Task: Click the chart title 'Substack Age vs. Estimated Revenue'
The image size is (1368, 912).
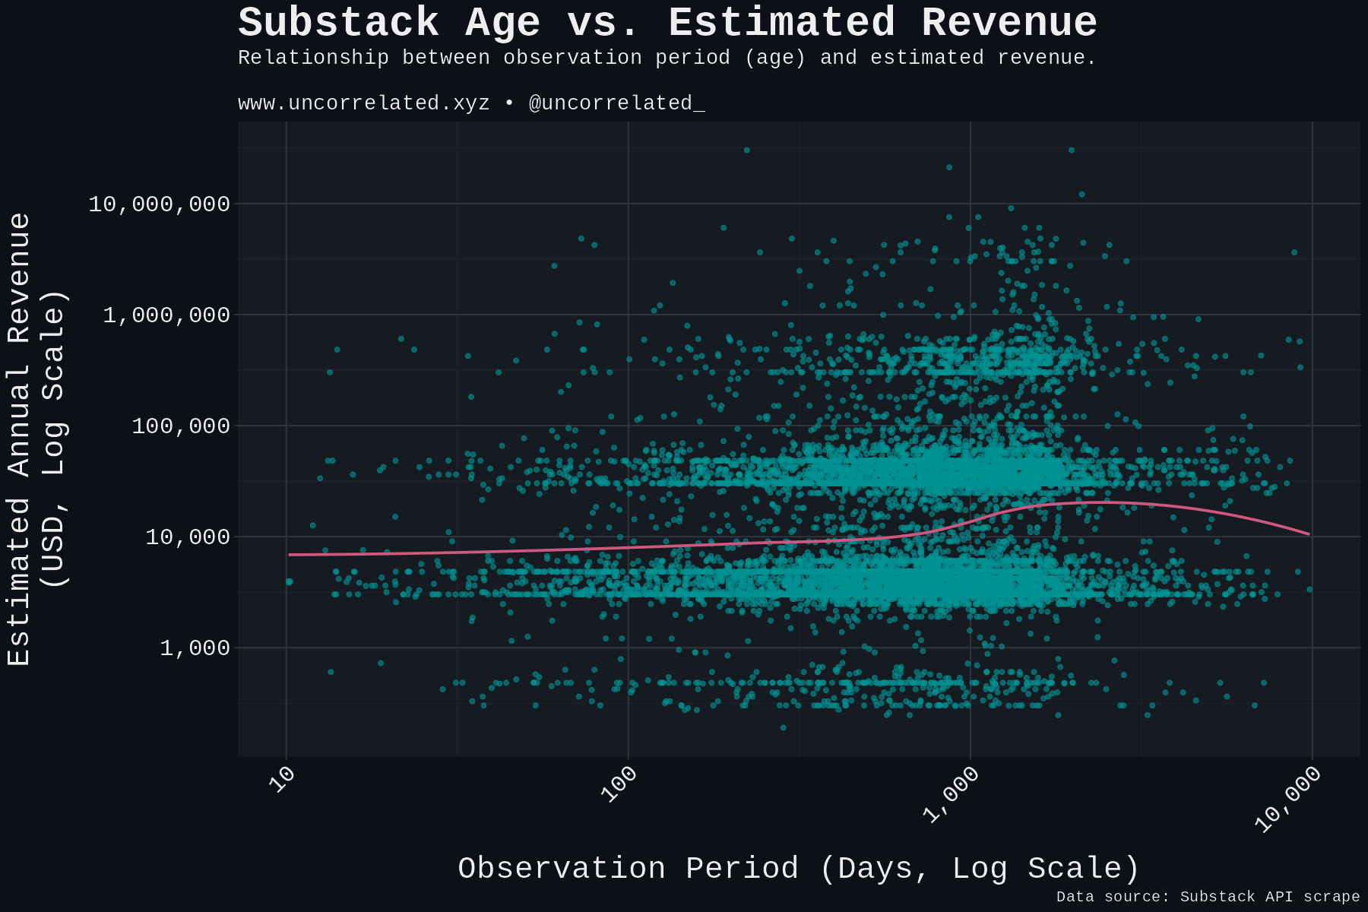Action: point(667,23)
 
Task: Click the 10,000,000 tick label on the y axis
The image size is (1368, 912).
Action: point(159,204)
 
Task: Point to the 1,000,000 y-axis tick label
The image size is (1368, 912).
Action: point(166,315)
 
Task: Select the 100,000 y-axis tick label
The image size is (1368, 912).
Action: point(180,426)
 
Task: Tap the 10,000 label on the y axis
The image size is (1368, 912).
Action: point(187,537)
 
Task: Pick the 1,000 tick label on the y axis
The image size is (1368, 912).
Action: point(195,648)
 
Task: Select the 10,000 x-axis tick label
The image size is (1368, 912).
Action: point(1287,800)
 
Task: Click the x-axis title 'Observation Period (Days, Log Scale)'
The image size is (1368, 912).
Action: point(799,868)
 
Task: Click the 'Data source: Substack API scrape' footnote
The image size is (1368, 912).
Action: point(1208,897)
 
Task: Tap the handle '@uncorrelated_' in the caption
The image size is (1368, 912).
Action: point(616,103)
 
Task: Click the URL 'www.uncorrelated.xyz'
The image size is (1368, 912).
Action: point(363,103)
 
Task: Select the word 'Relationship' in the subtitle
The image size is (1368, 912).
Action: point(313,58)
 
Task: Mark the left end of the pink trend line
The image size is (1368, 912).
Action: point(290,555)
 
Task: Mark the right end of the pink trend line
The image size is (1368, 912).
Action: point(1309,534)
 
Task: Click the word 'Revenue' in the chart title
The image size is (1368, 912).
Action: point(1009,23)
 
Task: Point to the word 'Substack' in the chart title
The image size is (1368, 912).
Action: point(338,23)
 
